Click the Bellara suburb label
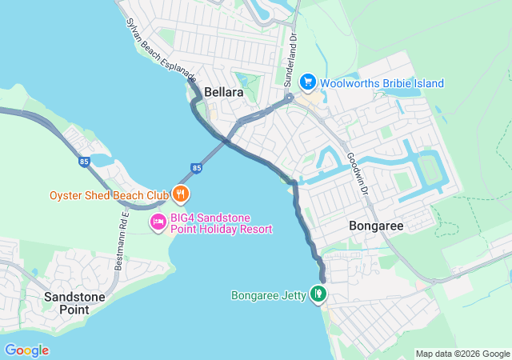(223, 93)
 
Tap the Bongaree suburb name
(376, 226)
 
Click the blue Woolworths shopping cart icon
(307, 82)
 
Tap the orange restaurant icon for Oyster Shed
(182, 194)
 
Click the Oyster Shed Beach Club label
(109, 195)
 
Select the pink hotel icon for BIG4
(158, 222)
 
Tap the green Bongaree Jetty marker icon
(318, 295)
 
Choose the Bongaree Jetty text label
(269, 296)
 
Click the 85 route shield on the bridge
(197, 168)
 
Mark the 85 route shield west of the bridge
(84, 161)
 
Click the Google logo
(26, 350)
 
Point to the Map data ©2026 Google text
(462, 354)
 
